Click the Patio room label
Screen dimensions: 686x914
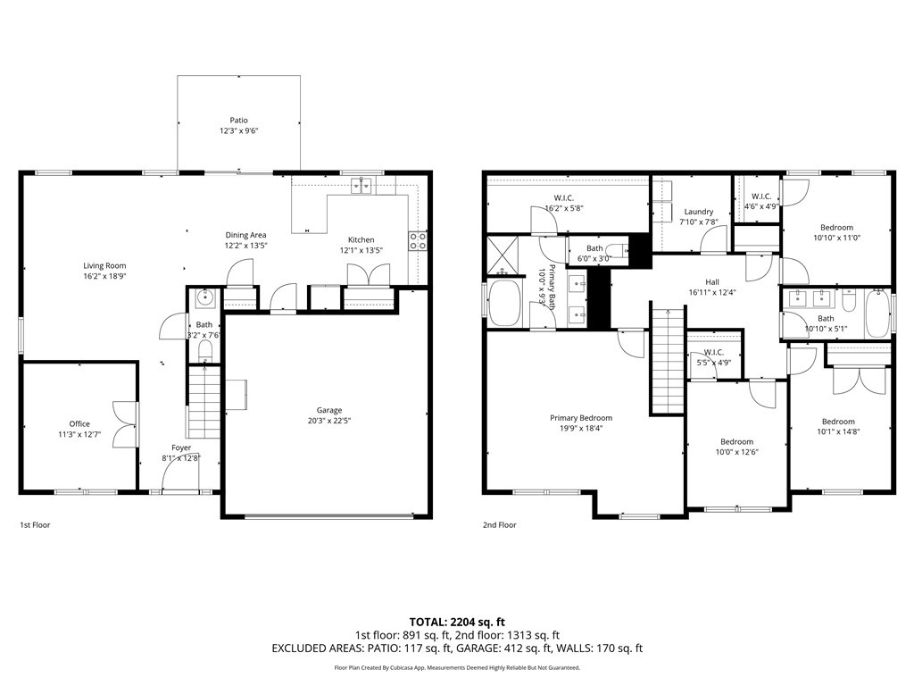[238, 120]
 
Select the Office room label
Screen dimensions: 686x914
[79, 424]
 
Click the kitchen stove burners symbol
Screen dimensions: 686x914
[418, 239]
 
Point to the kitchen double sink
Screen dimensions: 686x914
[362, 186]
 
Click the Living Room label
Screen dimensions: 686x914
[104, 265]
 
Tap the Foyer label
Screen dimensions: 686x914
[181, 448]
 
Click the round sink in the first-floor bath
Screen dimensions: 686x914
[203, 297]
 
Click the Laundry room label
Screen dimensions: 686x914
[697, 212]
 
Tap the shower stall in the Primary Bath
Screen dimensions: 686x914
[506, 255]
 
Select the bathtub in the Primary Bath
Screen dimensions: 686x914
[506, 304]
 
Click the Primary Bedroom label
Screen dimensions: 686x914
[581, 418]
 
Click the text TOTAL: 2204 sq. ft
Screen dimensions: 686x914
[457, 622]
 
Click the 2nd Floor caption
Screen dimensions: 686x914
[500, 525]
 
